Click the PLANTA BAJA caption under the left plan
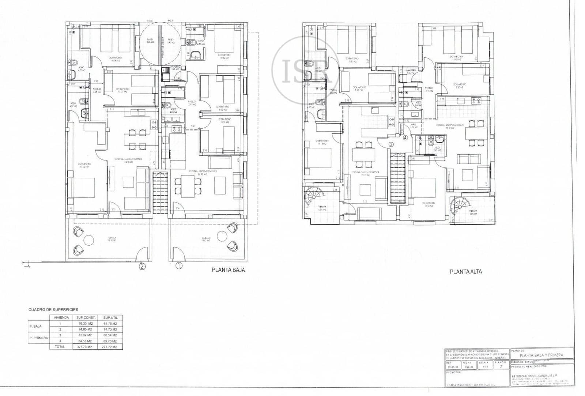coord(228,270)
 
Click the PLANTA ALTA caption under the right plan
coord(465,272)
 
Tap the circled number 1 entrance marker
coord(178,266)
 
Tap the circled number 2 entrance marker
coord(142,266)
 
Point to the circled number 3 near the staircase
coord(391,144)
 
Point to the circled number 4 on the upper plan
coord(405,138)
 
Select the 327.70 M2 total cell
coord(84,347)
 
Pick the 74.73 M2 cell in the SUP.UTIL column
coord(110,329)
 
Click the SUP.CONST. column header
coord(84,318)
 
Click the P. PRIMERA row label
coord(38,338)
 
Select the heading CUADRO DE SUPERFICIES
coord(53,310)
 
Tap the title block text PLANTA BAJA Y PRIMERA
coord(541,355)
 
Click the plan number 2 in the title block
coord(501,367)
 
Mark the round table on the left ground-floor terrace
coord(89,240)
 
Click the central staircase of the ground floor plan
coord(160,193)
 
